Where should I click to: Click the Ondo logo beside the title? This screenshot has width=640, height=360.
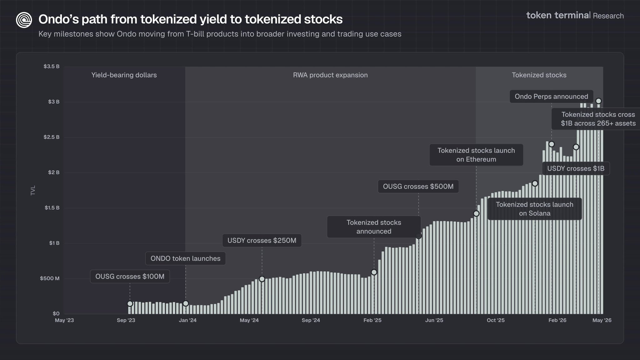pos(24,20)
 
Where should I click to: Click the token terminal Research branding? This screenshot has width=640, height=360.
pos(575,15)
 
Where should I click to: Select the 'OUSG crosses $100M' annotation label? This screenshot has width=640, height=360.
pos(130,277)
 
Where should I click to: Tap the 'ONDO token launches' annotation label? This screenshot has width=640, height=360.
pos(186,258)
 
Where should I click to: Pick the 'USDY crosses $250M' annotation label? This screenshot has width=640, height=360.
pos(262,241)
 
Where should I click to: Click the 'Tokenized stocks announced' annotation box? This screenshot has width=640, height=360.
pos(374,227)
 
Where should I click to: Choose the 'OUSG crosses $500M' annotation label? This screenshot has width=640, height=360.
pos(418,187)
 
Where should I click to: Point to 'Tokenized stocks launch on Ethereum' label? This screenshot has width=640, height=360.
pos(476,155)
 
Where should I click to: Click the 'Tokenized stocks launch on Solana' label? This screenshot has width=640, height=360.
pos(535,209)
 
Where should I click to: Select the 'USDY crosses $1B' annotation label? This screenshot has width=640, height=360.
pos(576,169)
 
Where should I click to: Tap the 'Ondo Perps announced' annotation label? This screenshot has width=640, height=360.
pos(552,97)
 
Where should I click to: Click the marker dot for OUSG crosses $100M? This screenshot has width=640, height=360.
pos(130,304)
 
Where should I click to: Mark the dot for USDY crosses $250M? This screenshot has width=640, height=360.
pos(262,279)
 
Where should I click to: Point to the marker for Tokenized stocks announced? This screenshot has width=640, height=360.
pos(374,272)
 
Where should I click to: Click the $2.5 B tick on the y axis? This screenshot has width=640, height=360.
pos(52,137)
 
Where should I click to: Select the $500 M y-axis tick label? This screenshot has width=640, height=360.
pos(50,278)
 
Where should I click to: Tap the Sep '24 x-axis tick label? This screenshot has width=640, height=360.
pos(311,320)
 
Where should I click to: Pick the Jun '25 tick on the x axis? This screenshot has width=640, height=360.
pos(434,320)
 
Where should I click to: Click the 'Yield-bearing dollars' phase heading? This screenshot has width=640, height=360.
pos(124,75)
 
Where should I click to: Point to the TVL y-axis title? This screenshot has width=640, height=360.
pos(33,190)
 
